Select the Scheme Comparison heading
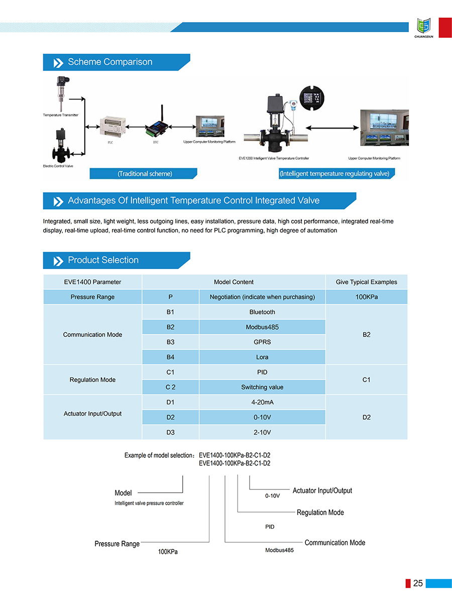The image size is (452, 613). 110,62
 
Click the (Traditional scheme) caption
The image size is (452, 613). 145,174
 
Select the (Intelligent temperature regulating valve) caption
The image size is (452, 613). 334,174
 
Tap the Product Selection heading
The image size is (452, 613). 103,260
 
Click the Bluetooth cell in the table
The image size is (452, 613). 262,312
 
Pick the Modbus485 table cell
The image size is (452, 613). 262,327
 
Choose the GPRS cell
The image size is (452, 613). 262,342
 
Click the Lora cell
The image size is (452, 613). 262,357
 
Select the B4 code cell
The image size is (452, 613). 170,357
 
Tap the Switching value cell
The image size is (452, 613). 262,387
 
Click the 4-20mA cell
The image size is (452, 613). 262,402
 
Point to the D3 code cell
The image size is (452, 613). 170,432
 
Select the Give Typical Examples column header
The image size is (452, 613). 366,282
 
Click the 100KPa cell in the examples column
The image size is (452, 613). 366,297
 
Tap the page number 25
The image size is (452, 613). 418,583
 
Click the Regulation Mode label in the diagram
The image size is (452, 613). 320,513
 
